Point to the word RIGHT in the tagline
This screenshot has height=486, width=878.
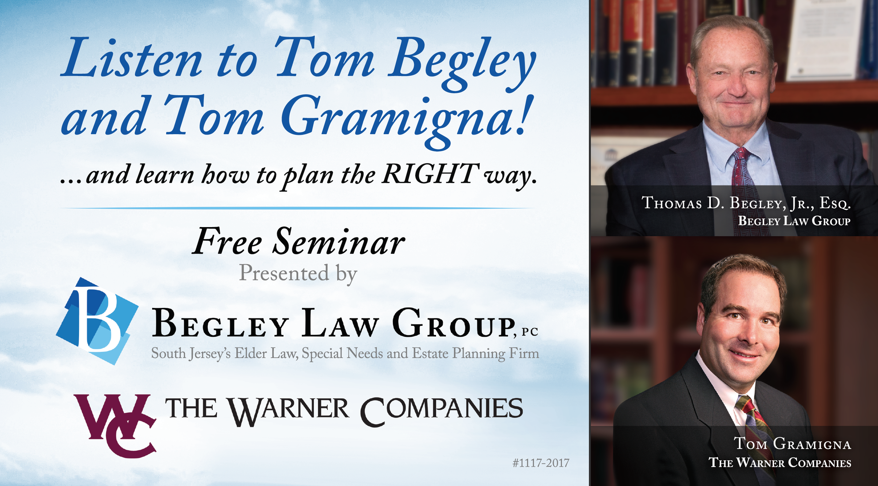pyautogui.click(x=430, y=174)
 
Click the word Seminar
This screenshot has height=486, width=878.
pyautogui.click(x=339, y=242)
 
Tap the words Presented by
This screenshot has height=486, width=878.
pyautogui.click(x=298, y=274)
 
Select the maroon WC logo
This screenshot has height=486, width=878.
pyautogui.click(x=116, y=425)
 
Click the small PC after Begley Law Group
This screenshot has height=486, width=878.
pyautogui.click(x=530, y=332)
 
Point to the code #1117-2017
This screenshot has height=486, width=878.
pyautogui.click(x=541, y=463)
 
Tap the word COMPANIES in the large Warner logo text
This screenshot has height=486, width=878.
pyautogui.click(x=442, y=411)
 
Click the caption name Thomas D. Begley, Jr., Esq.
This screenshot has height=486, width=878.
pyautogui.click(x=746, y=203)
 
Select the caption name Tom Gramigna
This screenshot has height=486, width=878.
pyautogui.click(x=792, y=444)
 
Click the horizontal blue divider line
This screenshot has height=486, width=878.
pyautogui.click(x=297, y=208)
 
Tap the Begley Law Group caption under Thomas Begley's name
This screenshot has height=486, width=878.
pyautogui.click(x=794, y=221)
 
